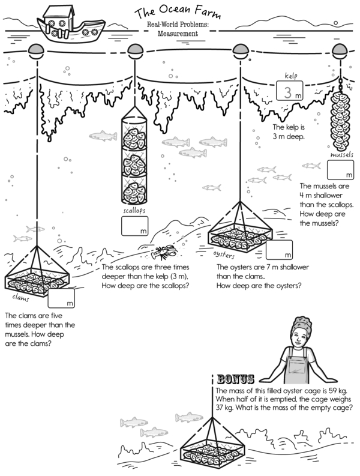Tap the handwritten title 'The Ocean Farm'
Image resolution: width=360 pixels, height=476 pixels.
[178, 12]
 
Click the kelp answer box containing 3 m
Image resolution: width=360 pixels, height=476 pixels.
[290, 91]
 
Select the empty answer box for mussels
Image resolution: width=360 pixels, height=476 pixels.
[340, 170]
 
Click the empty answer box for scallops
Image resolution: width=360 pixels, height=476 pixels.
[135, 226]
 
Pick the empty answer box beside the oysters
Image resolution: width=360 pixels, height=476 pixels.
[279, 250]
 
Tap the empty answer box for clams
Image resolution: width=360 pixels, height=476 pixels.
[61, 298]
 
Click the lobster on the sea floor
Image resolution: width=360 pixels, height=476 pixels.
[164, 253]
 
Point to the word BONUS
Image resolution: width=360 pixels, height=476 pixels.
[236, 379]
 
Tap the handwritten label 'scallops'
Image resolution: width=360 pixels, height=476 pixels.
[134, 211]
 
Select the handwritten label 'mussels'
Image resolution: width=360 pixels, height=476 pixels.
[342, 155]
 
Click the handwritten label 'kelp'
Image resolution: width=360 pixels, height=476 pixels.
[291, 76]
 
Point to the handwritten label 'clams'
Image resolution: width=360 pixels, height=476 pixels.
[20, 298]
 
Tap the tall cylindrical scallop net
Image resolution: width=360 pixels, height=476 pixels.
[134, 155]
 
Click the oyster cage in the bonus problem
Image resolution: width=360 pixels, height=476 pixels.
[212, 445]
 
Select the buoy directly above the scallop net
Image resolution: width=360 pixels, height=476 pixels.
[135, 51]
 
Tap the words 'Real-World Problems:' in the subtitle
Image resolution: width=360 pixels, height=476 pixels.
[178, 25]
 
